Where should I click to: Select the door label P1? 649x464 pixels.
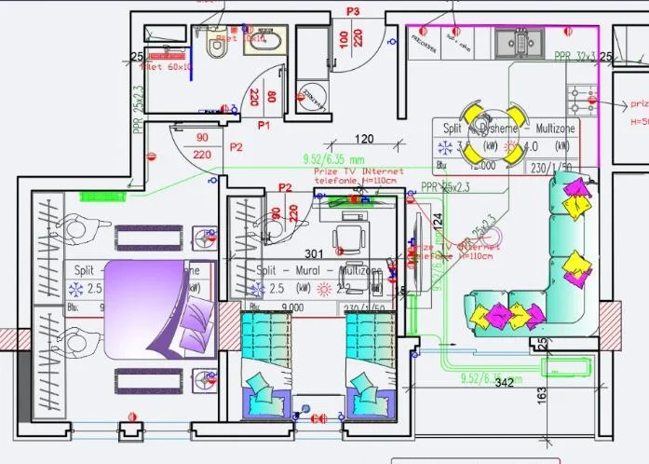263,124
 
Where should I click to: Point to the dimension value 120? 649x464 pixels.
364,139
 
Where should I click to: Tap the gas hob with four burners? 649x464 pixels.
586,95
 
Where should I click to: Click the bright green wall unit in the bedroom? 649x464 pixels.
102,197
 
